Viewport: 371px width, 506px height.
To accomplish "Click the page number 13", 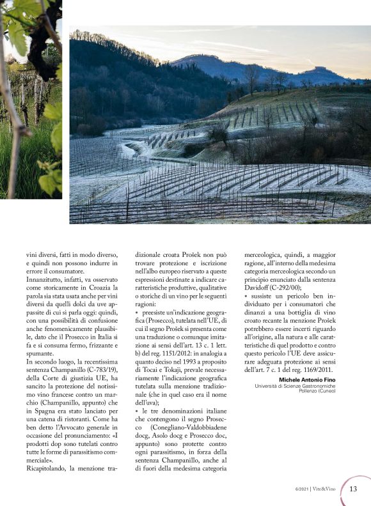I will [x=354, y=489].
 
